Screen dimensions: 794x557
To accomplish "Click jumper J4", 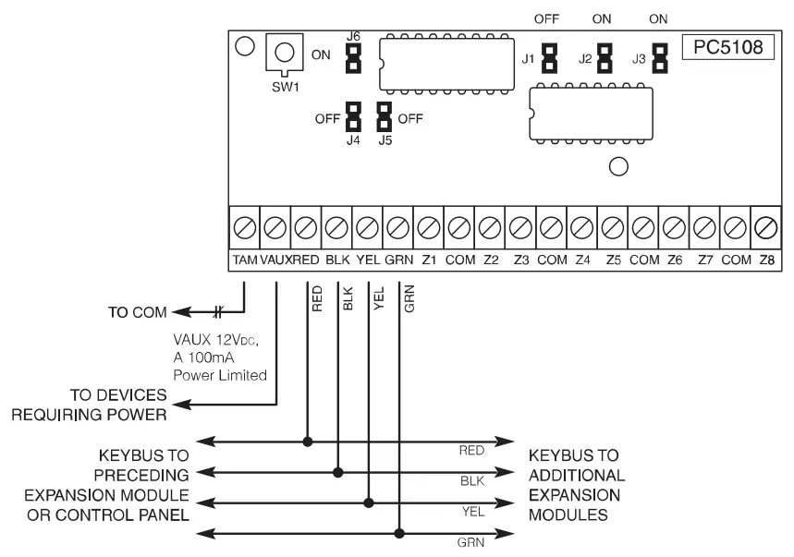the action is click(x=352, y=117).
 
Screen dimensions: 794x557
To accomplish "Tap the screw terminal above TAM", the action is click(x=245, y=225).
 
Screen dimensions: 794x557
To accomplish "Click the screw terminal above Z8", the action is click(x=766, y=225).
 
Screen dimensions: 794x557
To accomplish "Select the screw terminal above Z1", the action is click(x=429, y=225).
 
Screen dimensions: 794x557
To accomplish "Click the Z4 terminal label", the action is click(x=581, y=261).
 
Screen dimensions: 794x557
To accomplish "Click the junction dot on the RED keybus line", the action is click(x=307, y=441).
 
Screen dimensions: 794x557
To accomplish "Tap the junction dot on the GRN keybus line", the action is click(x=399, y=533).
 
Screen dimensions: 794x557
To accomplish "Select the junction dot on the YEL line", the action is click(x=369, y=503).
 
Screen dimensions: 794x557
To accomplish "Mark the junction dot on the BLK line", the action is click(x=337, y=472).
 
